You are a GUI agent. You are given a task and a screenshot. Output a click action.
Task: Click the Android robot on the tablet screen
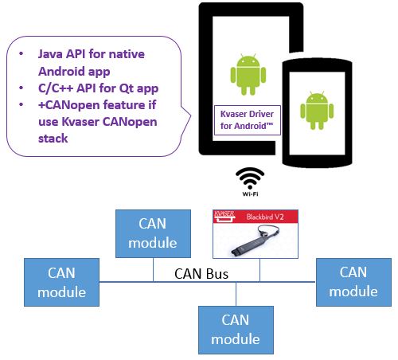click(x=248, y=74)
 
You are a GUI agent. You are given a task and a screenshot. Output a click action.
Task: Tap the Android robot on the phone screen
click(x=317, y=110)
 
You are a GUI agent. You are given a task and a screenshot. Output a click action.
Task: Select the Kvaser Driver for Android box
click(x=248, y=120)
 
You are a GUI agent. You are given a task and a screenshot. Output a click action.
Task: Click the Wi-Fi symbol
click(x=250, y=178)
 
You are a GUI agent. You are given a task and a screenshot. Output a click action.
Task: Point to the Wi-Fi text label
click(x=250, y=194)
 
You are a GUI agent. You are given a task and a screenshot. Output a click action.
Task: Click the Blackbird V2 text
click(x=265, y=217)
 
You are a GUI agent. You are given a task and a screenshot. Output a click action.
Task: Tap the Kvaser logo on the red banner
click(x=224, y=216)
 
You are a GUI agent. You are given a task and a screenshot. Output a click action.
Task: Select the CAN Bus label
click(x=201, y=274)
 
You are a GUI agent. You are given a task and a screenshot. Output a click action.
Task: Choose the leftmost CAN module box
click(x=61, y=282)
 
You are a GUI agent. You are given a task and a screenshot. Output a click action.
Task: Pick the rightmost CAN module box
click(x=353, y=282)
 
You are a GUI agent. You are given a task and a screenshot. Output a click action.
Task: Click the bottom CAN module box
click(x=236, y=330)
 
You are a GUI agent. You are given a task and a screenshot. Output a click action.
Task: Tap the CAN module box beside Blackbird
click(x=153, y=233)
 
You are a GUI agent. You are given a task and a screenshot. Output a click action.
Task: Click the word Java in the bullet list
click(x=50, y=54)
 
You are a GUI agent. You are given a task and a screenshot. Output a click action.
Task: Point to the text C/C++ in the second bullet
click(x=56, y=88)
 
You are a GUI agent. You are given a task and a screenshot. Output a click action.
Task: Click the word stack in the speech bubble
click(x=53, y=139)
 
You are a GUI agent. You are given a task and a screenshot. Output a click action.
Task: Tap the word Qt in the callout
click(x=126, y=88)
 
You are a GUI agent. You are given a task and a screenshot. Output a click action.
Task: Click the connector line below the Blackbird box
click(x=259, y=270)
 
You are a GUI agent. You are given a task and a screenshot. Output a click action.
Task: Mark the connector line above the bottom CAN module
click(x=236, y=294)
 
